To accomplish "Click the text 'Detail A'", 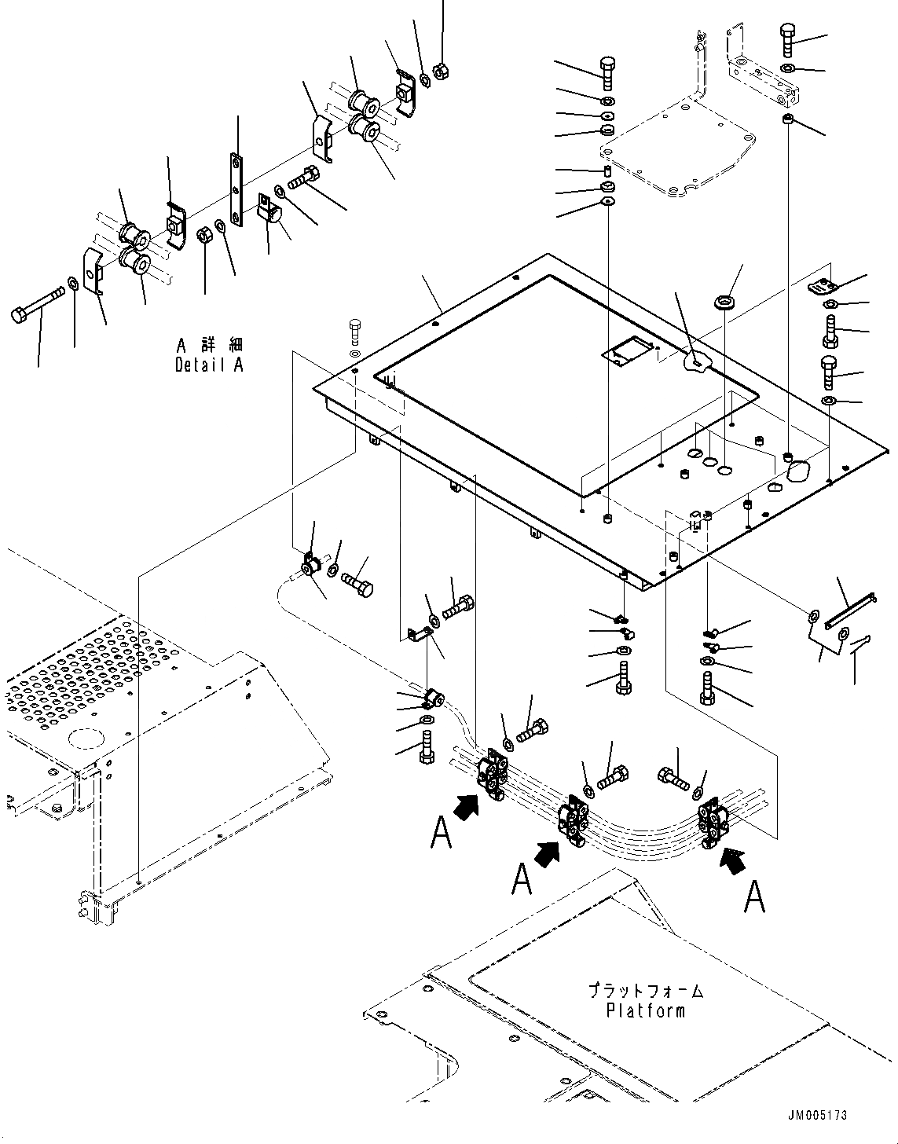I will (x=209, y=365).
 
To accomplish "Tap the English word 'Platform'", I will (x=645, y=1010).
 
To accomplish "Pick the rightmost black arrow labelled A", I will (x=734, y=859).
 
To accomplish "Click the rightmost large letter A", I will (x=754, y=896).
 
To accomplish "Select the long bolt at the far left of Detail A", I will (x=38, y=306).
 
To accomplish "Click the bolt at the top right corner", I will (x=790, y=38).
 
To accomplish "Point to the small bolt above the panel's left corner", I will (x=355, y=332).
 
